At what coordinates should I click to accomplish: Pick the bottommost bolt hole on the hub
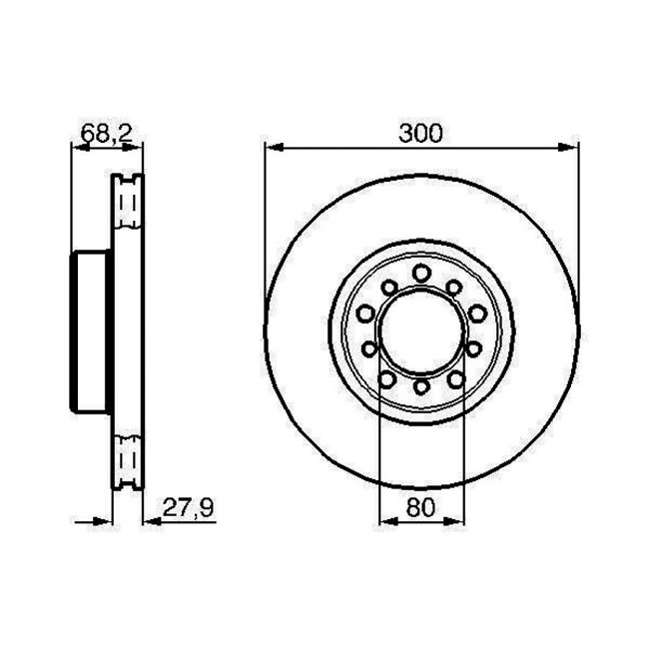[x=421, y=386]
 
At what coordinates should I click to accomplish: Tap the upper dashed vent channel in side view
[x=126, y=205]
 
